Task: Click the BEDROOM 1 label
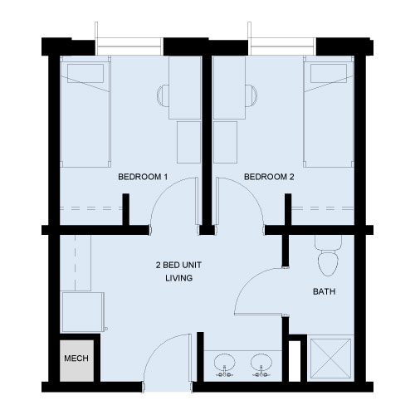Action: click(x=143, y=177)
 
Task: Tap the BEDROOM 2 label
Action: click(x=269, y=177)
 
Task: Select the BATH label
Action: click(x=325, y=291)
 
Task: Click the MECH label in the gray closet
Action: click(x=76, y=359)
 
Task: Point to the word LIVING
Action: click(x=179, y=278)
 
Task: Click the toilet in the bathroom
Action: click(x=328, y=256)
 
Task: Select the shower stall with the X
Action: click(x=330, y=359)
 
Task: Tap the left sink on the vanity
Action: click(x=225, y=364)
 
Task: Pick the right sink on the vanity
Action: click(x=261, y=364)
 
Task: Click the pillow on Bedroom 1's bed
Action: click(x=85, y=74)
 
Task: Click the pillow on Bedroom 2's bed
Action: click(x=329, y=74)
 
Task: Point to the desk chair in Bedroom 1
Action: click(x=164, y=95)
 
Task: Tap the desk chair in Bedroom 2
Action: click(x=251, y=95)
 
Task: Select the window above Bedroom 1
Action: click(x=129, y=46)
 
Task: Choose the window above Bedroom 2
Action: click(x=282, y=46)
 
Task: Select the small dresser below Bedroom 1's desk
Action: click(x=188, y=142)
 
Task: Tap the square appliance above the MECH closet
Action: click(x=83, y=312)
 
